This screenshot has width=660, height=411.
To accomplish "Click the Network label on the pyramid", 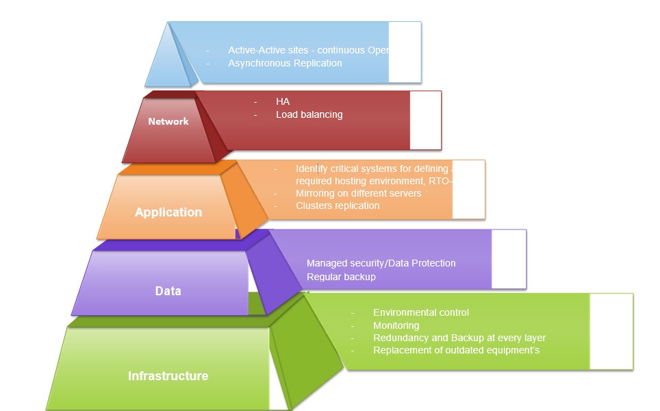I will [168, 121].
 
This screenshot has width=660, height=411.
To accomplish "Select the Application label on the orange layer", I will [168, 212].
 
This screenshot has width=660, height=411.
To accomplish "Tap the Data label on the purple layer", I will [168, 291].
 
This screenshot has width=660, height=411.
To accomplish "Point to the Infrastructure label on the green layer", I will [168, 375].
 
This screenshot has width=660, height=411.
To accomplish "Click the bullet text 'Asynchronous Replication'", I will [285, 63].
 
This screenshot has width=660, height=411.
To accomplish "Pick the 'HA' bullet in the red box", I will [283, 101].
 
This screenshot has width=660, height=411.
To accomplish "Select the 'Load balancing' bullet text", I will [309, 114].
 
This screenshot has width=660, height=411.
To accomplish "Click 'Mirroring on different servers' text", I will [358, 193].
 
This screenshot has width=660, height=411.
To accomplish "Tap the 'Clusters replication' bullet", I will [338, 206].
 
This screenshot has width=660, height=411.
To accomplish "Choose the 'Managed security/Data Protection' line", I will [381, 263].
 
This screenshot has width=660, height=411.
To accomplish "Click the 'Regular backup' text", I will [341, 277].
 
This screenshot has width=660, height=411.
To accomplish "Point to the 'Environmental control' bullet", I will [421, 312].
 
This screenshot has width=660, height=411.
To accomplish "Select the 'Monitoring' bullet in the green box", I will [396, 325].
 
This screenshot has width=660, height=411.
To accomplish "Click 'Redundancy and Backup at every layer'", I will [459, 338].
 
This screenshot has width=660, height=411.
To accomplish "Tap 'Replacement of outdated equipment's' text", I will [456, 350].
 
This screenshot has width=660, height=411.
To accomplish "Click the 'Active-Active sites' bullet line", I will [308, 50].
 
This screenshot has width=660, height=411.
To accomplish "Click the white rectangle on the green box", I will [611, 332].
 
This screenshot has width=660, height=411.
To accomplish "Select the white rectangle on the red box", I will [425, 120].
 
